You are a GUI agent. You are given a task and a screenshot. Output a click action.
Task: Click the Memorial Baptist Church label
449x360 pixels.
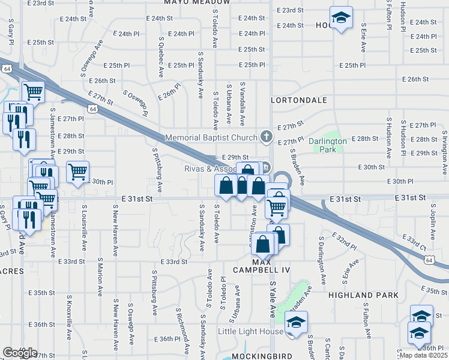point(211,137)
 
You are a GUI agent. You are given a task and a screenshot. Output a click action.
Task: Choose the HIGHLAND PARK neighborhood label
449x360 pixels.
point(363,296)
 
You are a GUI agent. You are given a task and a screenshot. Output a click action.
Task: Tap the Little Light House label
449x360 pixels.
point(250,331)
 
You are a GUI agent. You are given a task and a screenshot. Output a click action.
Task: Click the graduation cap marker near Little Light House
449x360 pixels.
point(295,323)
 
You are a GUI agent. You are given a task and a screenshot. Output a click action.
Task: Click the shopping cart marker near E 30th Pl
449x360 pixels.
point(77,172)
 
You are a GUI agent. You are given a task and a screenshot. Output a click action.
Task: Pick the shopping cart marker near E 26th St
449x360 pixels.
point(33,92)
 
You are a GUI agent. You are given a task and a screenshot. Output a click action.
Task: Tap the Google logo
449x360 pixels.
point(19,353)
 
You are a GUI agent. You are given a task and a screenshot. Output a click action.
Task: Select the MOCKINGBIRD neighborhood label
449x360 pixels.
point(261,356)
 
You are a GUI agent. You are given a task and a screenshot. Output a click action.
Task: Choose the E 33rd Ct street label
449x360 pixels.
point(420,242)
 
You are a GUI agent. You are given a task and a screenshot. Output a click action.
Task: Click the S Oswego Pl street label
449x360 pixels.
point(136,104)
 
